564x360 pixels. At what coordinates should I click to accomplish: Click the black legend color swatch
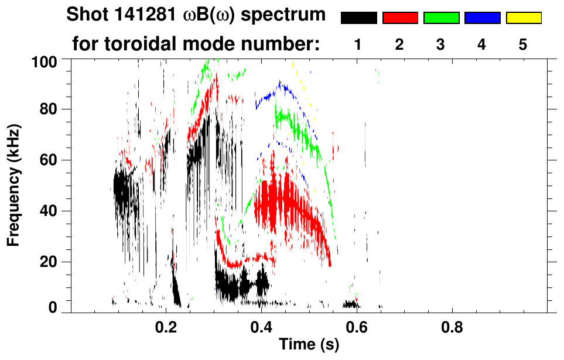(x=359, y=18)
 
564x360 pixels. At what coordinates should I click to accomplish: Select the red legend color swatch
(x=400, y=18)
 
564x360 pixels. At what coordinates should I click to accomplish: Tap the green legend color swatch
(x=441, y=18)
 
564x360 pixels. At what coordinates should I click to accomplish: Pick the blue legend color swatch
(x=482, y=18)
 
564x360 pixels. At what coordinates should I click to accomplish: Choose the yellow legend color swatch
(x=523, y=18)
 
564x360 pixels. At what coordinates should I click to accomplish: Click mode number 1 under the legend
(x=358, y=45)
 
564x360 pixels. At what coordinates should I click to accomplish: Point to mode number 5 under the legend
(x=522, y=45)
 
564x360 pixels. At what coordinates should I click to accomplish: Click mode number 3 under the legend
(x=440, y=45)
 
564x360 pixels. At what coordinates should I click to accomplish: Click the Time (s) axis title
(x=309, y=346)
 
